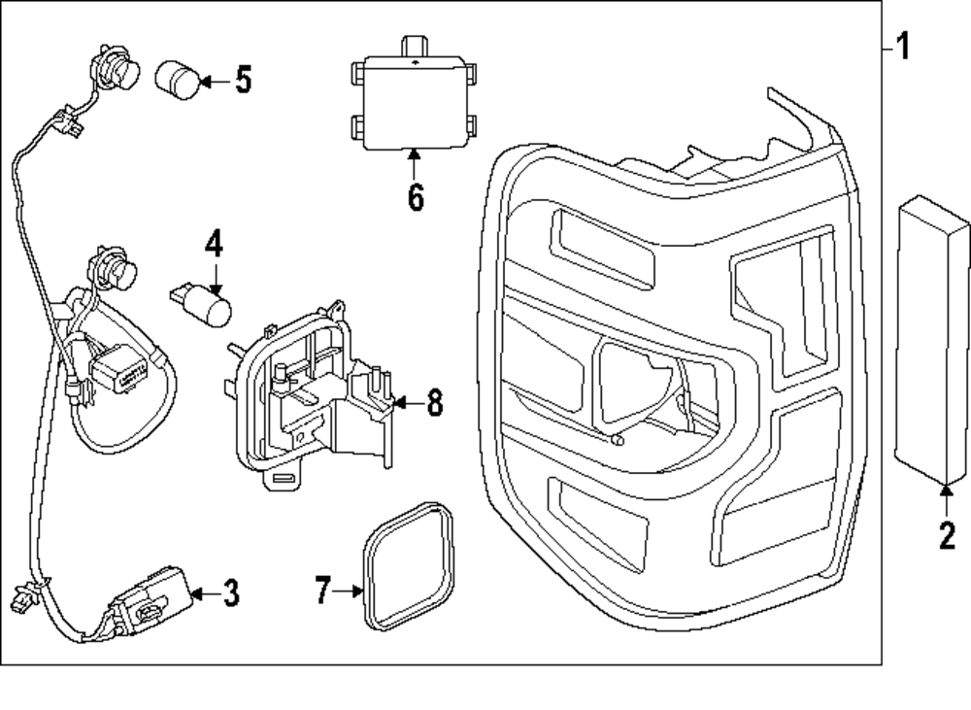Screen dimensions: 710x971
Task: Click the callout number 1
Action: click(903, 46)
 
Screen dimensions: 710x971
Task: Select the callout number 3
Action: click(229, 592)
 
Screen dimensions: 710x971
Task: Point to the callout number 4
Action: click(214, 243)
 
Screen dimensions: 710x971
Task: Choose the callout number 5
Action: click(242, 80)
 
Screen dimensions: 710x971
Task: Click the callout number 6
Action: click(415, 197)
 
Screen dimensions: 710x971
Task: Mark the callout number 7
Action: click(323, 590)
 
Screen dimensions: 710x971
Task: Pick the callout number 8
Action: click(433, 402)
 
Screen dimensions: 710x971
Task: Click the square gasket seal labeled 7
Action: click(409, 562)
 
